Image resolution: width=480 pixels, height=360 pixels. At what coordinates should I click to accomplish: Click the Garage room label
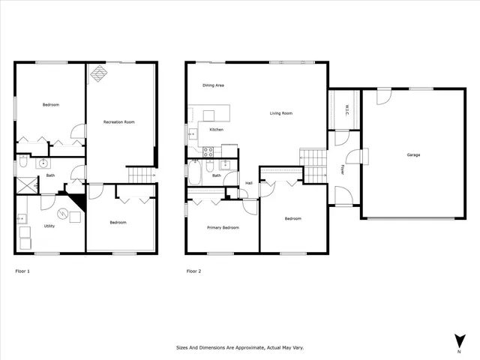pos(413,155)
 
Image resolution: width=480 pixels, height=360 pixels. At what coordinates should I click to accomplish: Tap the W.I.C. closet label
pos(346,110)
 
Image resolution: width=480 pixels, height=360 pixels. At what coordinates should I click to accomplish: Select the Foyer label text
pos(343,169)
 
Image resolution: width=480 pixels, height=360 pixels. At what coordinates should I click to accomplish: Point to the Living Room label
pos(281,113)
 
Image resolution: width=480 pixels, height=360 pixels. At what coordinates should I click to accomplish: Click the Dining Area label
pos(214,85)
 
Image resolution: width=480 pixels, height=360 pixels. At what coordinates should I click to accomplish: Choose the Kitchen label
pos(216,130)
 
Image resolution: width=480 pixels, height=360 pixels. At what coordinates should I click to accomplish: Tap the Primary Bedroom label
pos(223,226)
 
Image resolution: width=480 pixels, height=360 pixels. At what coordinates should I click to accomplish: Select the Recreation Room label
pos(118,121)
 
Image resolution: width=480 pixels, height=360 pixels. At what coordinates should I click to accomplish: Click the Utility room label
pos(49,225)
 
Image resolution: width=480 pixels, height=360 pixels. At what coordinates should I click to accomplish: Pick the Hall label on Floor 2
pos(248,182)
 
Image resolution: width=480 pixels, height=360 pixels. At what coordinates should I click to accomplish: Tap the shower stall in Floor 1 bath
pos(28,184)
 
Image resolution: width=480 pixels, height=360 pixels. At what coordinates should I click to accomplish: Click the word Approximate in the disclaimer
pos(239,348)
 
